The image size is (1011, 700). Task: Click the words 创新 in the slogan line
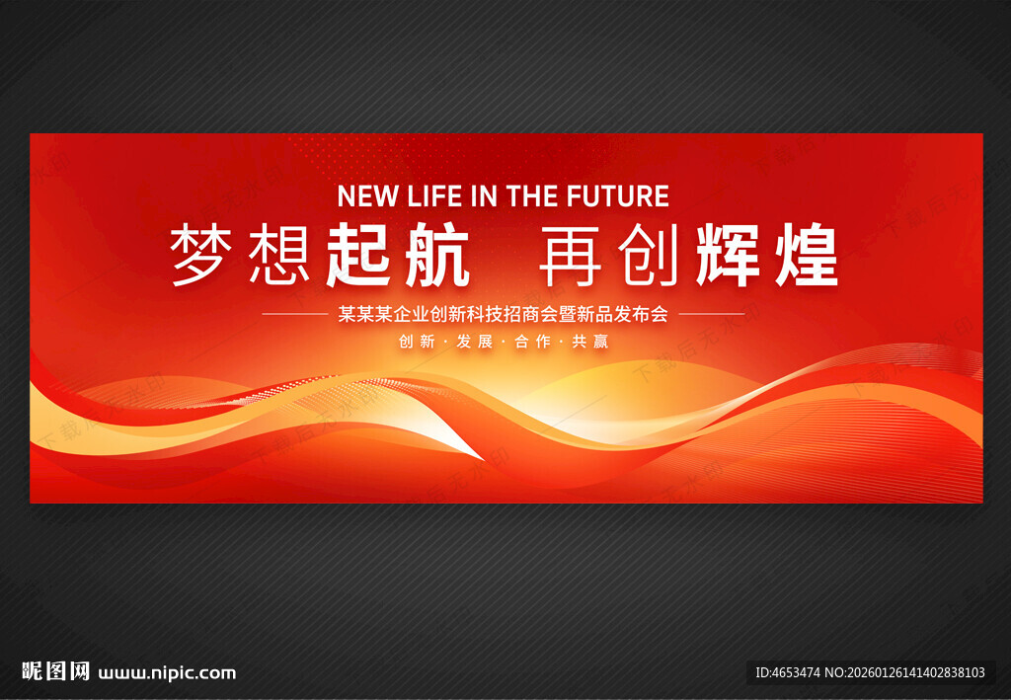tap(417, 341)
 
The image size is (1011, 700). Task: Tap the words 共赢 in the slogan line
tap(590, 341)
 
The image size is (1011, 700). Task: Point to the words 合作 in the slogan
tap(532, 341)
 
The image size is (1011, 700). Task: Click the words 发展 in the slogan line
tap(475, 341)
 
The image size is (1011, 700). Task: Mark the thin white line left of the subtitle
tap(295, 314)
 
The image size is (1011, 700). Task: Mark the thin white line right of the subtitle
tap(712, 314)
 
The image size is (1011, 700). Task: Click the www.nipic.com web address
tap(167, 673)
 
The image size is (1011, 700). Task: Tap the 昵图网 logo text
tap(56, 671)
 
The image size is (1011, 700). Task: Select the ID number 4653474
tap(797, 672)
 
